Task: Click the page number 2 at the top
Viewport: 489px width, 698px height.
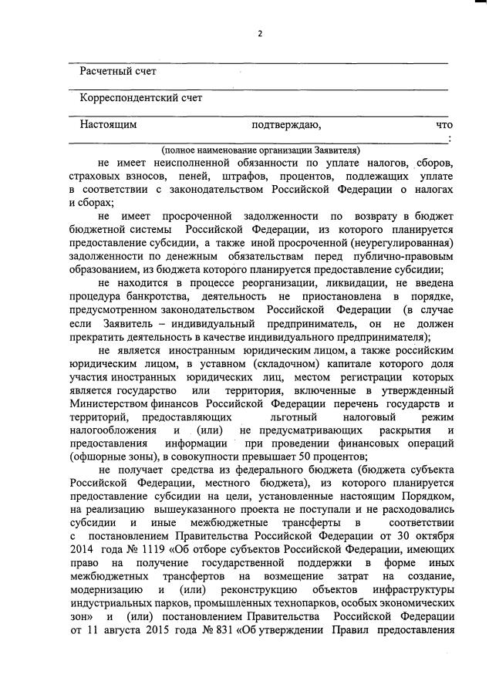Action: coord(260,34)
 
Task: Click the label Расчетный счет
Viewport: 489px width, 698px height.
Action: coord(118,72)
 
